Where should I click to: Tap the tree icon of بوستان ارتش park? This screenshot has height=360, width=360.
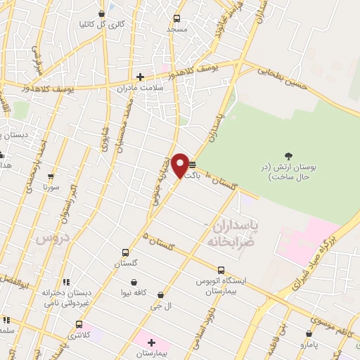(x=288, y=156)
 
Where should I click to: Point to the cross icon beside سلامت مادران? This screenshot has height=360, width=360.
(x=140, y=77)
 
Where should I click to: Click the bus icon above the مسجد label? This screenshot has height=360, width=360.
(x=176, y=19)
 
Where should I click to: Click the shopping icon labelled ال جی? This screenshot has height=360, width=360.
(x=162, y=295)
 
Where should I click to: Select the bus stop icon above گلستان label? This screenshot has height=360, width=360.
(x=125, y=252)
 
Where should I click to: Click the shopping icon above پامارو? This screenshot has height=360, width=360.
(x=309, y=334)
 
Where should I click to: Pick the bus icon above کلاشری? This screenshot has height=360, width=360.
(x=79, y=325)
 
